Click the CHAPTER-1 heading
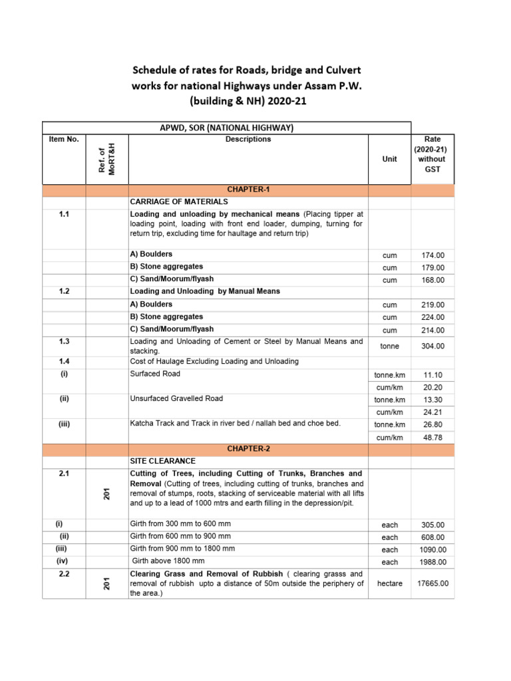[248, 190]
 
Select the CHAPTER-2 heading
[248, 449]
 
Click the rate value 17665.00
[432, 583]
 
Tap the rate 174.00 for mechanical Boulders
[432, 255]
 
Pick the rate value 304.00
[432, 346]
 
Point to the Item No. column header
[64, 140]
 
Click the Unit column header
[389, 160]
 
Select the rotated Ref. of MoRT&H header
[106, 160]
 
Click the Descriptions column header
[248, 140]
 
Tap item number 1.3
[64, 341]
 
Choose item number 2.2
[64, 573]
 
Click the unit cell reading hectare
[389, 583]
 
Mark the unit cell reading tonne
[389, 346]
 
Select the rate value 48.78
[432, 437]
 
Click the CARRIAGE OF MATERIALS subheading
[179, 202]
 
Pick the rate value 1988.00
[432, 562]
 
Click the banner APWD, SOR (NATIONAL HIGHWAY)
[227, 128]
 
